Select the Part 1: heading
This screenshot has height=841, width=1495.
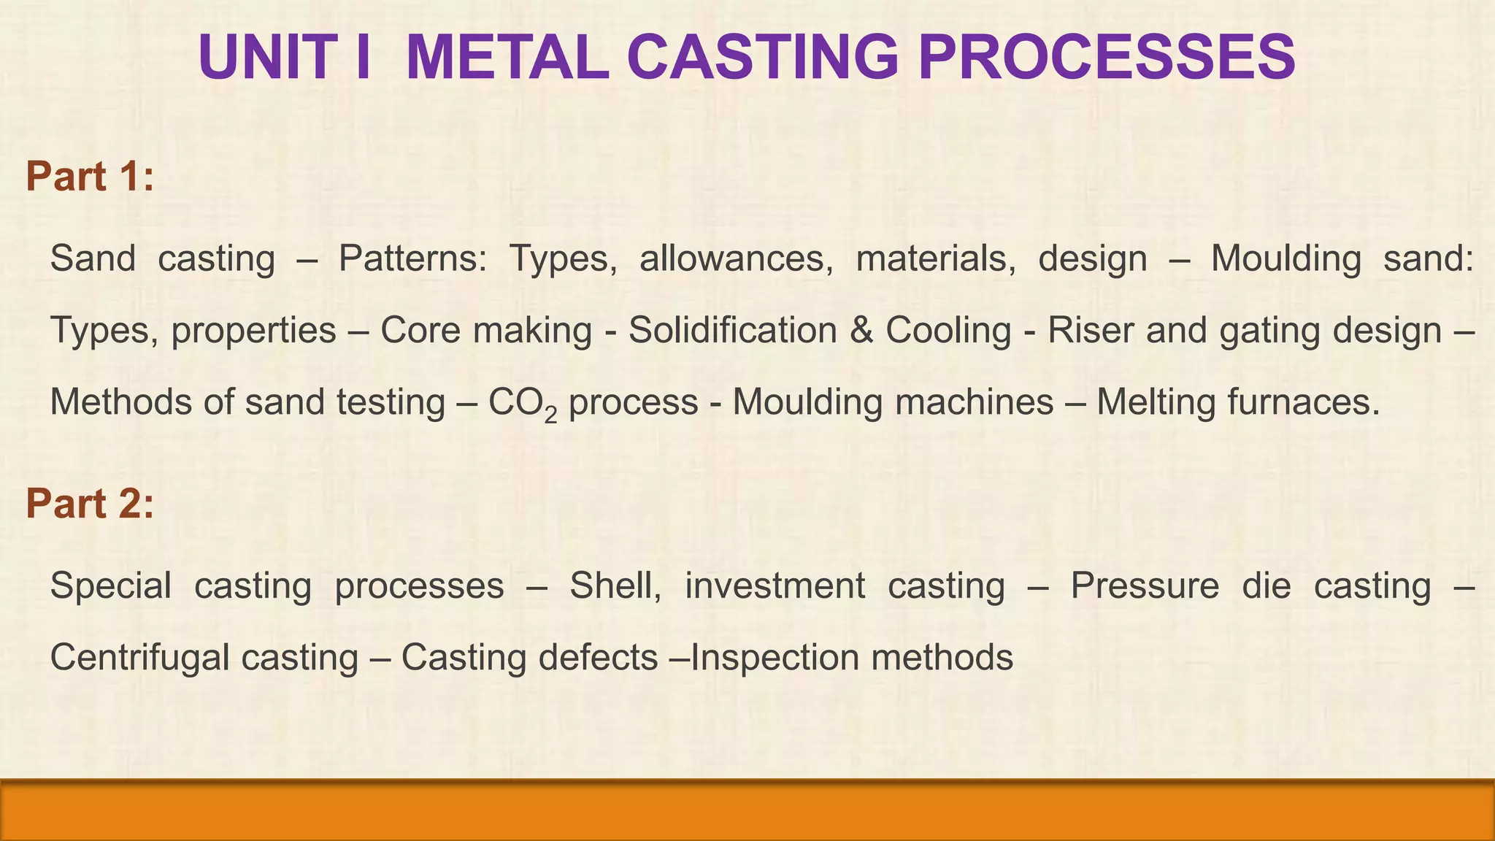pyautogui.click(x=90, y=177)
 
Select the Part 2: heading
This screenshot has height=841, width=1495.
pyautogui.click(x=90, y=504)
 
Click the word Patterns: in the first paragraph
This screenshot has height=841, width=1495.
pyautogui.click(x=412, y=259)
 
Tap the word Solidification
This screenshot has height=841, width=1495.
pyautogui.click(x=732, y=331)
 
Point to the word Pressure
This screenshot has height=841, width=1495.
pyautogui.click(x=1145, y=586)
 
